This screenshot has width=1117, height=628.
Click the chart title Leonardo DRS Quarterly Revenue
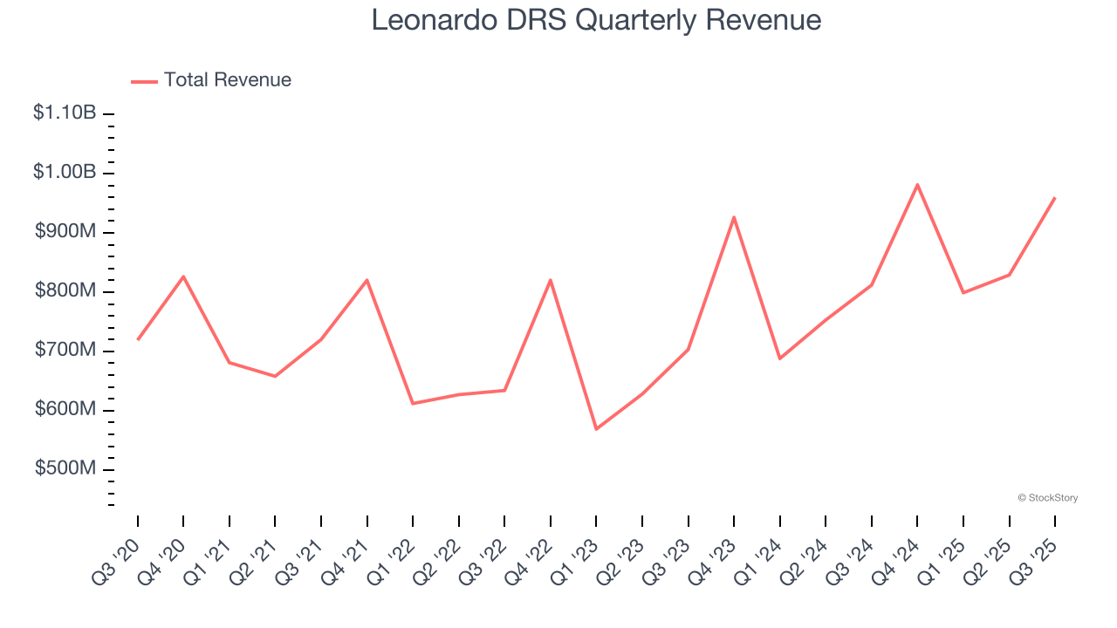(x=596, y=20)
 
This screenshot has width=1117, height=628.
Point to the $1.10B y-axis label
(x=65, y=113)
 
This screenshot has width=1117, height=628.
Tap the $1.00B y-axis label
(x=65, y=172)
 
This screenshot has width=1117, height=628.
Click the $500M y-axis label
(x=65, y=468)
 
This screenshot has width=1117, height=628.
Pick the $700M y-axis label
(x=65, y=350)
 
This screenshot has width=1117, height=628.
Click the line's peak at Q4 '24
(x=917, y=184)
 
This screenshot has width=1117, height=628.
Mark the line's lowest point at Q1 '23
(x=596, y=429)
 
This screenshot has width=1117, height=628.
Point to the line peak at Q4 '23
(x=734, y=217)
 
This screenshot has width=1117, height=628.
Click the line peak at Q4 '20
(x=183, y=276)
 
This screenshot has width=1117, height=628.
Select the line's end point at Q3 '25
(x=1055, y=198)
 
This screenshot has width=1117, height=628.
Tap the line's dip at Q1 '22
(x=413, y=403)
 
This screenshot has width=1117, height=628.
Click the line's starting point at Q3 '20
(x=138, y=339)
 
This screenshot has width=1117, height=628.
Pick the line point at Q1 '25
(x=963, y=292)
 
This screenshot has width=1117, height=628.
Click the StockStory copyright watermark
(x=1047, y=498)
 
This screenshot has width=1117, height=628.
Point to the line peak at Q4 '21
(x=367, y=280)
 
